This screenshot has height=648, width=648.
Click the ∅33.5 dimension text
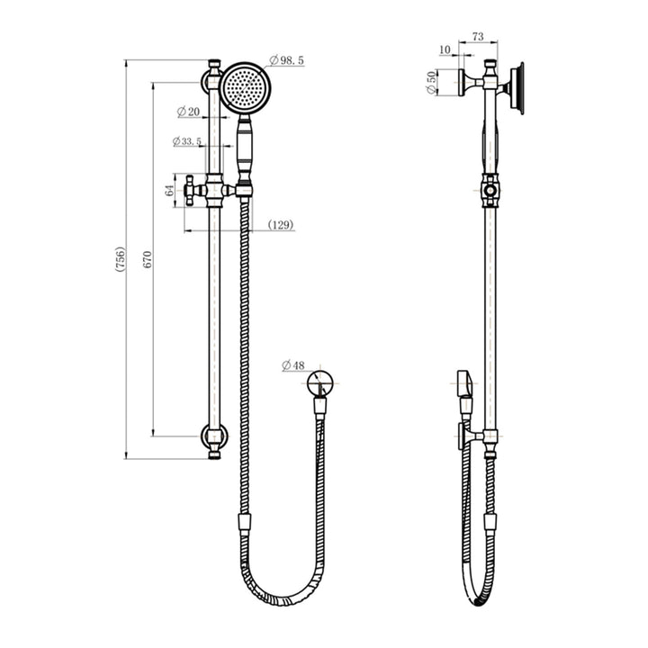[x=186, y=141]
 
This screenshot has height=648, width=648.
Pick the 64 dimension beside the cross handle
[x=169, y=190]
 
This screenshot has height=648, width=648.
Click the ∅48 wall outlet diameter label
[x=293, y=365]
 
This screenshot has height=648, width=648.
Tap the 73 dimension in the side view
[x=478, y=36]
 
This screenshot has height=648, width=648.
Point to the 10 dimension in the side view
[x=445, y=49]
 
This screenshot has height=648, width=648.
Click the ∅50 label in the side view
[x=431, y=82]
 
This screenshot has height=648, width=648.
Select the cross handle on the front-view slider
[x=191, y=190]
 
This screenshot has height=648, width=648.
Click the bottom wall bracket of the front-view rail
[x=214, y=438]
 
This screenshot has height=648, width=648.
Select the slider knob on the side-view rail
[x=490, y=190]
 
